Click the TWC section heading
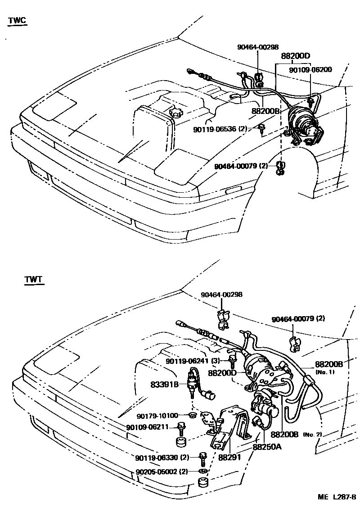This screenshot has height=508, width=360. [x=17, y=21]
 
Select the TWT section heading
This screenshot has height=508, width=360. [x=33, y=280]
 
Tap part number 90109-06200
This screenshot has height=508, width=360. [x=310, y=70]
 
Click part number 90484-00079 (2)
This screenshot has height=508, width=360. [x=242, y=166]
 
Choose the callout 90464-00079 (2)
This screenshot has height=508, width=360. [x=298, y=319]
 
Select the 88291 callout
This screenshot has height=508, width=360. [x=229, y=457]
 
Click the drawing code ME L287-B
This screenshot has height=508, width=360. [x=337, y=497]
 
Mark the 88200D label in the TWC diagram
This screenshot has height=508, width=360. [x=296, y=56]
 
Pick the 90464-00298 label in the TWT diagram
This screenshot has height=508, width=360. [x=221, y=295]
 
